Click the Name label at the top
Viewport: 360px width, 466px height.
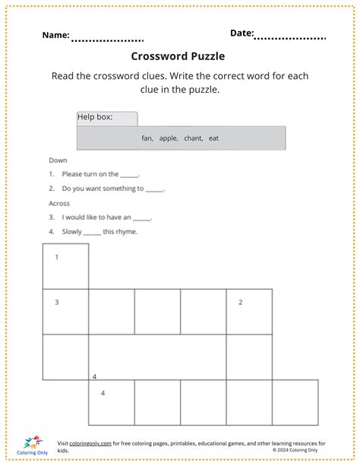point(55,35)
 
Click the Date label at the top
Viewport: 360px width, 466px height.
point(242,33)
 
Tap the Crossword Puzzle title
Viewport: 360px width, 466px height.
point(178,56)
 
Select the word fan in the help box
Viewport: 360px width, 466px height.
point(147,138)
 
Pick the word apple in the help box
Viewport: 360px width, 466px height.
point(168,138)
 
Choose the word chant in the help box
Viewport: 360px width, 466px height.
point(193,138)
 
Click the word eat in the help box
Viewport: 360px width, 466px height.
point(213,138)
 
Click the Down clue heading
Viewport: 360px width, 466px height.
point(58,160)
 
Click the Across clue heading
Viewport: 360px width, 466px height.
point(59,203)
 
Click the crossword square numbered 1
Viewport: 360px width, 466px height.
point(65,266)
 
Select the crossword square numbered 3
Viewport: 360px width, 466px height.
point(65,311)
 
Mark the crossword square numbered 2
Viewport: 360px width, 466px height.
point(249,311)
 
